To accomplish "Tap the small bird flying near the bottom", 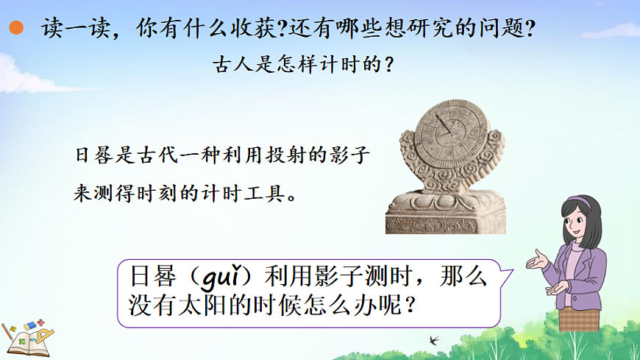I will (435, 339).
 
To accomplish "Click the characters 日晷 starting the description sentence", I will (92, 157).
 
